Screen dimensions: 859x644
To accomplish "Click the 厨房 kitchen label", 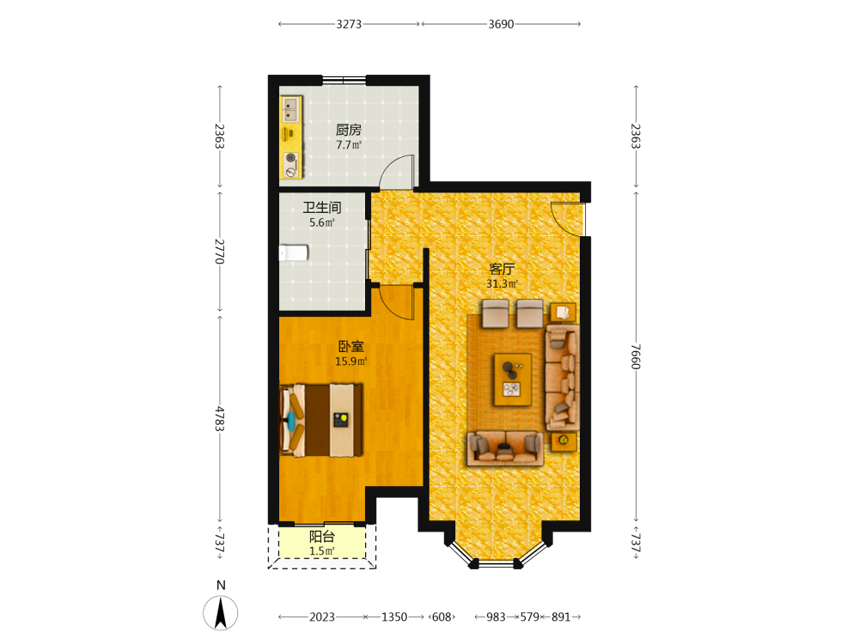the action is point(349,130).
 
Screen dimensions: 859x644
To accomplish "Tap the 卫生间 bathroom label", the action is point(322,208).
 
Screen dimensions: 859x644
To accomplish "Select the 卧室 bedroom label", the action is point(350,347).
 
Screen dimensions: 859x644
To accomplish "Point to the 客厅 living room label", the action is point(502,269).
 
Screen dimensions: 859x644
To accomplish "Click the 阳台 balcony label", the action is point(322,537).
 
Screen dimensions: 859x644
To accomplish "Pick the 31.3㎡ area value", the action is point(502,283).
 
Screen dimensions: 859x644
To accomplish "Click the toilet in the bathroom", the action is point(294,253).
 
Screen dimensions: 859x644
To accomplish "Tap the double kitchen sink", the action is point(291,110).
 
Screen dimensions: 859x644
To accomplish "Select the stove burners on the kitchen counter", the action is point(291,165).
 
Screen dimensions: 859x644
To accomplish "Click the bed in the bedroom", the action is point(321,420).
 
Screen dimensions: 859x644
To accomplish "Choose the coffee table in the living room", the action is point(513,380).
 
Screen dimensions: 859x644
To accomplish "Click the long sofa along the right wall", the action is point(562,378).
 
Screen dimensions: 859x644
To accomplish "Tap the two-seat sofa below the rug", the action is point(505,448).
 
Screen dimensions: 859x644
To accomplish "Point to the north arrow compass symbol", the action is point(221,612).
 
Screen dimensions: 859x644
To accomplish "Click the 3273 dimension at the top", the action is point(349,24).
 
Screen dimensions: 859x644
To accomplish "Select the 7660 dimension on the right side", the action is point(636,356).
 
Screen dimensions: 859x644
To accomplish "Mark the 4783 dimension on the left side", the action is point(219,418).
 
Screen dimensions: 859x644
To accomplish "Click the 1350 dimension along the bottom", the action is point(394,617).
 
